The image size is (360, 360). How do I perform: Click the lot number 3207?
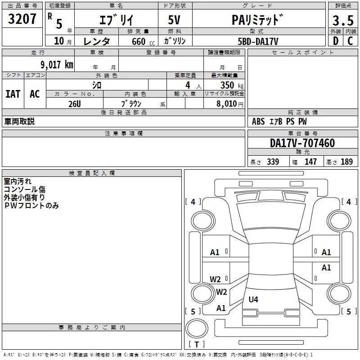point(22,19)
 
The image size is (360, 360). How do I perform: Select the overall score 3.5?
point(343,21)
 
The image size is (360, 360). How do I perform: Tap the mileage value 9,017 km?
point(57,65)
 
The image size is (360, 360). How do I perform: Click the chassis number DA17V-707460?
point(302,143)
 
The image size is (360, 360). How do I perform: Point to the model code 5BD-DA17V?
point(258,41)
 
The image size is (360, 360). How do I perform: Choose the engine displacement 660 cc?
point(143,42)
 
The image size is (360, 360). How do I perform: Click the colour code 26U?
point(75,104)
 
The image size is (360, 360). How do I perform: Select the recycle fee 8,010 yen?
point(230,104)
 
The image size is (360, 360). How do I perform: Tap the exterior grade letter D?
point(336,41)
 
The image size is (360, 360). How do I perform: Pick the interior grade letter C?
point(350,41)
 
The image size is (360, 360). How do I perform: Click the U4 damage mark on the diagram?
point(253,299)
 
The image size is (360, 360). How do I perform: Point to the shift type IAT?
point(13,94)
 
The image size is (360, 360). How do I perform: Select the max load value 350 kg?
point(232,85)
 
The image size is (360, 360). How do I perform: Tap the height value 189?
point(346,162)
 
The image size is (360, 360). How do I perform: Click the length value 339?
point(273,162)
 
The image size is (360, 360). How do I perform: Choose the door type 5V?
point(174,20)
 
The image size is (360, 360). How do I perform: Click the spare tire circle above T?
point(197,328)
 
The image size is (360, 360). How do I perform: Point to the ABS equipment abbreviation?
point(258,121)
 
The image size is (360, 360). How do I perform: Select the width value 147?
point(310,162)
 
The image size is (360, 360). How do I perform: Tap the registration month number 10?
point(59,41)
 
